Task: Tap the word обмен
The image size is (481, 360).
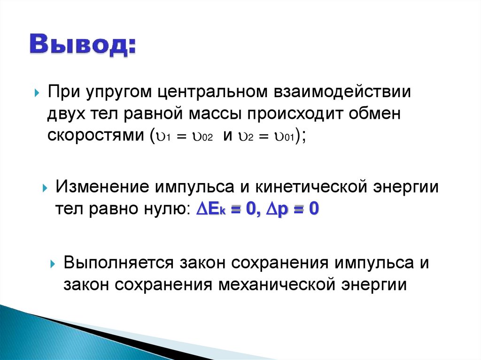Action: tap(378, 114)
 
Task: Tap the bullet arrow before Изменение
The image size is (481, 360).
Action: tap(45, 188)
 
